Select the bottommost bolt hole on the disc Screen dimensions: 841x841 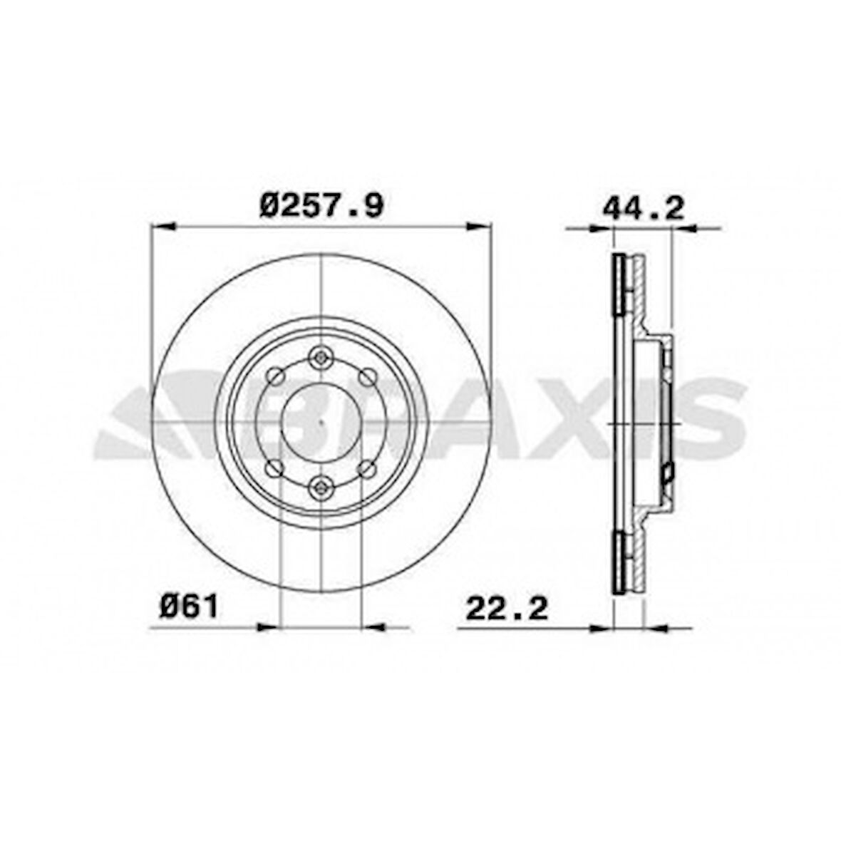(322, 487)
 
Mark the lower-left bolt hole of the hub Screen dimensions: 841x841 (275, 468)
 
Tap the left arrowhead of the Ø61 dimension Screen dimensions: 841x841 (267, 628)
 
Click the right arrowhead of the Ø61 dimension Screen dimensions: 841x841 (374, 628)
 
